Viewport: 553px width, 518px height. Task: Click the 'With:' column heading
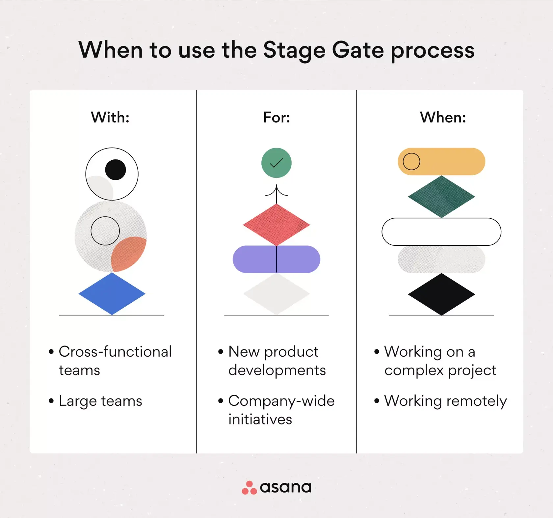[x=110, y=117]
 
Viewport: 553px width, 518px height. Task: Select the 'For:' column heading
[x=276, y=117]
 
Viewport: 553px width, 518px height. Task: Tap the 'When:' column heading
[x=443, y=117]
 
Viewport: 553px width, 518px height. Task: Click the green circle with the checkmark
[x=276, y=163]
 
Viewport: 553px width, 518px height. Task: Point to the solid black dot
[x=116, y=170]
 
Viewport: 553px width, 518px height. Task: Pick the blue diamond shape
[x=112, y=293]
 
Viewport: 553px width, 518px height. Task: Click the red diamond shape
[x=276, y=225]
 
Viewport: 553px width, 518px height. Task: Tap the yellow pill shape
[x=451, y=161]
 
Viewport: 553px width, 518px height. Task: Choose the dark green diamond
[x=441, y=197]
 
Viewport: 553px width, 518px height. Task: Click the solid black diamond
[x=441, y=294]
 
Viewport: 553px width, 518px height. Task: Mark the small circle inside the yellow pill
[x=411, y=161]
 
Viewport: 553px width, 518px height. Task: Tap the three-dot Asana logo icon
[x=249, y=488]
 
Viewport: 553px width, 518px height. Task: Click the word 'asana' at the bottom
[x=285, y=487]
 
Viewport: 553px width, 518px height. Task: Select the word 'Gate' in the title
[x=358, y=50]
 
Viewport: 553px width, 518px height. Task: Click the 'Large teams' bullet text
[x=100, y=401]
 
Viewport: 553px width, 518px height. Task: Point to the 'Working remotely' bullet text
[x=445, y=401]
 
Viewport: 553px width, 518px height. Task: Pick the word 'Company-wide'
[x=281, y=401]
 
